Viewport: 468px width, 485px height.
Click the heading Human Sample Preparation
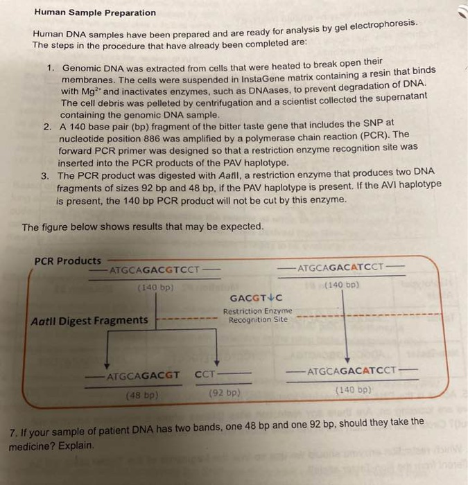[x=95, y=12]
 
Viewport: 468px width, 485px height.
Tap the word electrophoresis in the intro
[x=384, y=25]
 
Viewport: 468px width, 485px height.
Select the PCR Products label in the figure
[x=67, y=261]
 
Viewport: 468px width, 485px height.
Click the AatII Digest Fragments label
[x=89, y=320]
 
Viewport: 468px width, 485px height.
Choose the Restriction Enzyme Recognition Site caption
[x=257, y=315]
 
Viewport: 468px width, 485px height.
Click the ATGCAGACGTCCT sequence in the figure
[x=154, y=269]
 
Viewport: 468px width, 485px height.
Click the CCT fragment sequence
[x=205, y=375]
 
